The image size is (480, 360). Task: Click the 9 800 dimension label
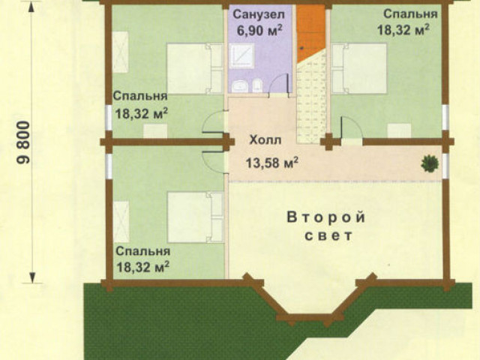click(x=23, y=143)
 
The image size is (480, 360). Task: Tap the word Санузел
click(x=259, y=14)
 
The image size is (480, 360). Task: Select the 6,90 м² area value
click(x=259, y=31)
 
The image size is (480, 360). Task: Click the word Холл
click(x=265, y=140)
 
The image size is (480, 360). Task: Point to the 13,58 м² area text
click(x=272, y=163)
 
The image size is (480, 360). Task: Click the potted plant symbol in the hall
click(x=430, y=163)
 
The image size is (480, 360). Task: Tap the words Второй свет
click(x=327, y=226)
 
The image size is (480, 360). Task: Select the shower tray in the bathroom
click(x=241, y=55)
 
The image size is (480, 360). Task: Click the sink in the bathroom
click(x=240, y=86)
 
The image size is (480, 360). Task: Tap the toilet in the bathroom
click(x=256, y=85)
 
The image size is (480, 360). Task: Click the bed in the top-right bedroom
click(x=359, y=68)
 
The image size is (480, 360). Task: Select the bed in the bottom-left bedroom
click(x=195, y=217)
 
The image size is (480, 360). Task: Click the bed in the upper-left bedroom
click(x=195, y=68)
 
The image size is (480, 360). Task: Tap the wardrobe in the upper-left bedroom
click(x=120, y=52)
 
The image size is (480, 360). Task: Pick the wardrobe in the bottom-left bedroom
click(x=121, y=222)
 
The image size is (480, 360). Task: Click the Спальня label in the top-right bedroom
click(x=410, y=14)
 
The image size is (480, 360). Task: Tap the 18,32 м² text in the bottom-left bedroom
click(x=143, y=267)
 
